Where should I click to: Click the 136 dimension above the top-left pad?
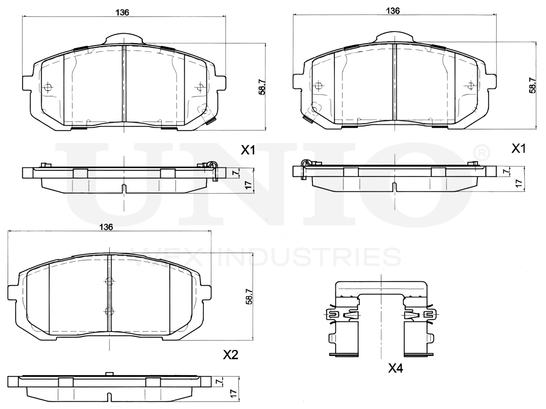point(122,12)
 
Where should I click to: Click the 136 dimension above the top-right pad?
point(393,11)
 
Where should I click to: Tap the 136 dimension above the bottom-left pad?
point(106,227)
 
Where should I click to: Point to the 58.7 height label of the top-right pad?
point(533,85)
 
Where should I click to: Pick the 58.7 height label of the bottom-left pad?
point(249,297)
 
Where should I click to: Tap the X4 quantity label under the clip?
point(395,368)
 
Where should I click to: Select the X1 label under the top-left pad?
point(248,150)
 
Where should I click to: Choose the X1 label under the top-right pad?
point(518,149)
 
